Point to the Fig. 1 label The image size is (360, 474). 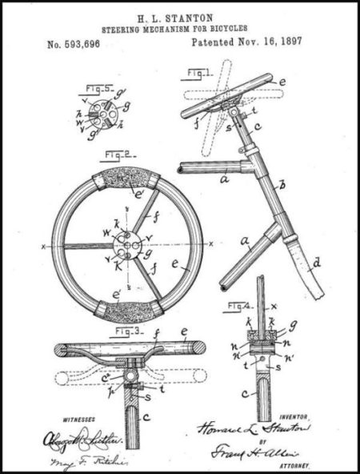194,74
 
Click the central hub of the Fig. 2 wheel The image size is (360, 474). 126,244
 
